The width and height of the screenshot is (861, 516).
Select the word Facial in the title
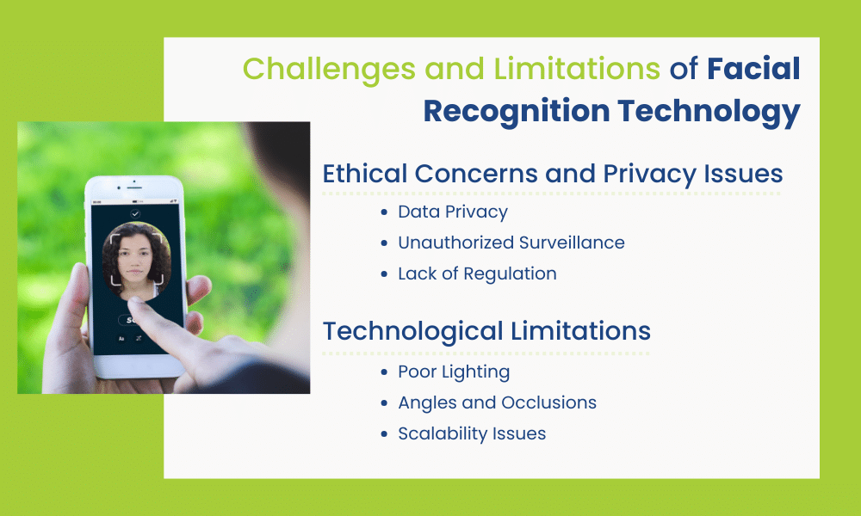(754, 70)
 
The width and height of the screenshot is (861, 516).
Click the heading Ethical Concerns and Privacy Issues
(552, 174)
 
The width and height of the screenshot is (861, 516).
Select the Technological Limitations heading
(486, 330)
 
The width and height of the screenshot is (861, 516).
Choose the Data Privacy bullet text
(453, 212)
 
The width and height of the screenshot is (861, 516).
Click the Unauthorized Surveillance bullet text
(511, 243)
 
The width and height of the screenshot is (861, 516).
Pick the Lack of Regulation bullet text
(477, 273)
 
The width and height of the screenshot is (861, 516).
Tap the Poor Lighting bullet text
(454, 372)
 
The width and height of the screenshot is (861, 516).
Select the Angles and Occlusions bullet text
(497, 402)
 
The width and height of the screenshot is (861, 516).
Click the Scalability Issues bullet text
(472, 433)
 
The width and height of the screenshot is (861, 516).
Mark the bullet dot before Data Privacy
(384, 212)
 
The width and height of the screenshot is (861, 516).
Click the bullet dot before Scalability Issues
(384, 434)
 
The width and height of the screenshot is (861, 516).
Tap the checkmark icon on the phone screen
(135, 212)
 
